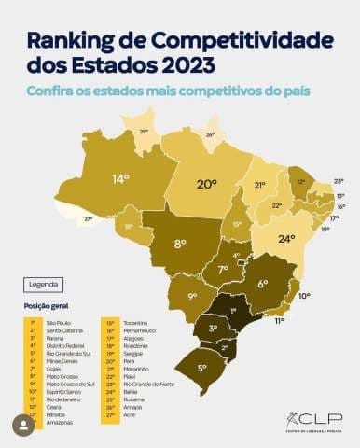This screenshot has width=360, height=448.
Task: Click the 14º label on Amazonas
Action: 120,177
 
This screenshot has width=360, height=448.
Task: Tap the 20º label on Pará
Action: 206,184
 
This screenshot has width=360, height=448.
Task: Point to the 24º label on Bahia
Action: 285,237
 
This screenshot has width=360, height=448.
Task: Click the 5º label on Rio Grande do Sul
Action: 201,369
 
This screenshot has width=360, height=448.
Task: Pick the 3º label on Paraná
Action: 213,328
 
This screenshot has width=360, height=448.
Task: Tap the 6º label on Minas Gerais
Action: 262,284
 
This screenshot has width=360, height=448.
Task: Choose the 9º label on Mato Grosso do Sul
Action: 192,297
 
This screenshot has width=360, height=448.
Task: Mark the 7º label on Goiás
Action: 223,270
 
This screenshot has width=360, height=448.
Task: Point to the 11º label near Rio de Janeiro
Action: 279,320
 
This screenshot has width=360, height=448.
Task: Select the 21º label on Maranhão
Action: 260,185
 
